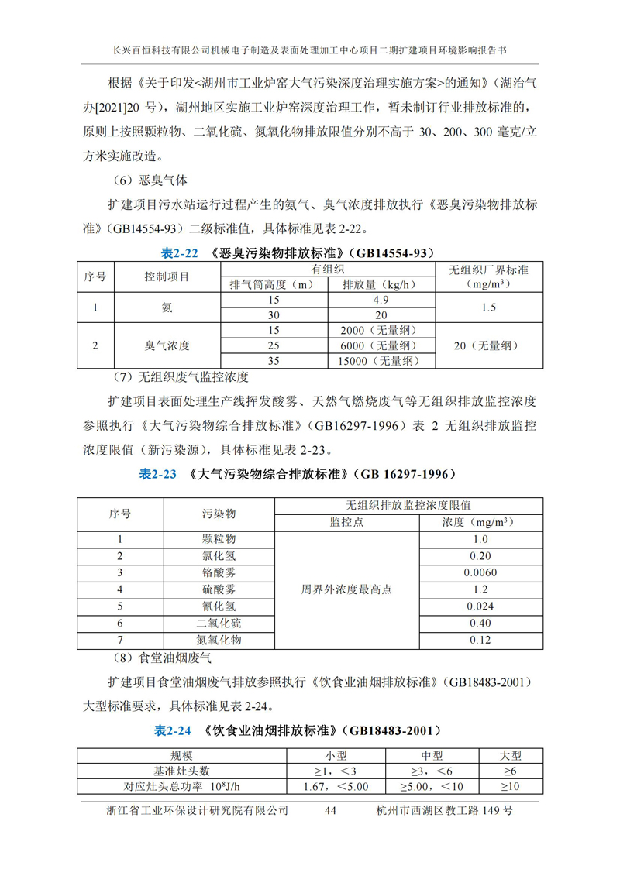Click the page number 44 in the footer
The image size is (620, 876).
[329, 810]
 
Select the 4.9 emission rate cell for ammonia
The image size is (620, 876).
[380, 299]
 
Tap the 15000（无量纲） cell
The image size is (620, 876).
[380, 361]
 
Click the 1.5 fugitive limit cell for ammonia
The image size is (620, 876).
[488, 307]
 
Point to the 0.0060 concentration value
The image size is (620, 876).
[480, 572]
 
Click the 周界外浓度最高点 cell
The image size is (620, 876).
[346, 589]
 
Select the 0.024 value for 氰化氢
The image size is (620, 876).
[480, 606]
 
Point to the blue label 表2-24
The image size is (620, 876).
[172, 730]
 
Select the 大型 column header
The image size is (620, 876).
[510, 755]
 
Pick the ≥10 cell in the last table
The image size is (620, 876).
[510, 787]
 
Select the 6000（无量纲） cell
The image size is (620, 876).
[380, 345]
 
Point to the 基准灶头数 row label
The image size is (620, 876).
[181, 771]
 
